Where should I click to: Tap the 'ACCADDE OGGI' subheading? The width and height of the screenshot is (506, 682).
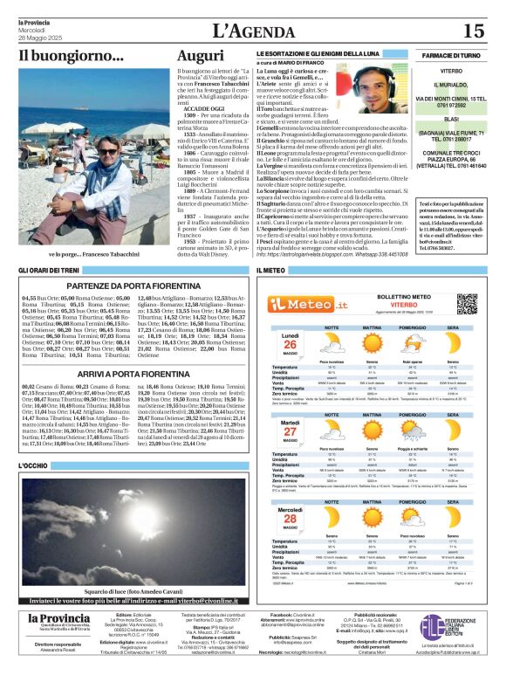[203, 107]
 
